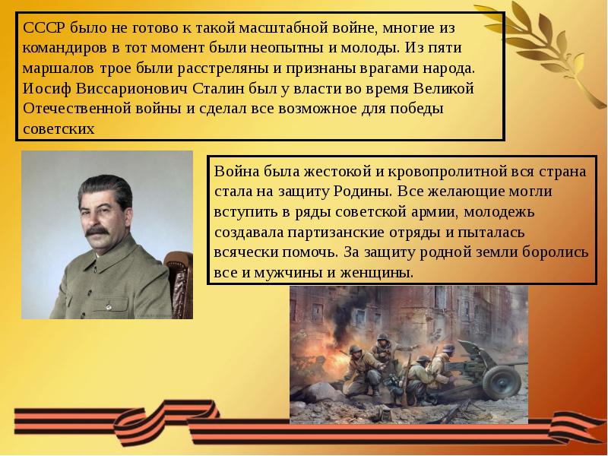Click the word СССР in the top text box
click(x=45, y=28)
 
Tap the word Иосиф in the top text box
click(x=47, y=88)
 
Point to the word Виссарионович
click(x=131, y=88)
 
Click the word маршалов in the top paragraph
click(x=59, y=68)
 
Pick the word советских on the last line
click(x=59, y=128)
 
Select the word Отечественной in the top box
click(x=77, y=109)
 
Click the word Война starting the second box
click(x=236, y=171)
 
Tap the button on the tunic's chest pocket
click(x=109, y=307)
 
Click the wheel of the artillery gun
click(x=502, y=383)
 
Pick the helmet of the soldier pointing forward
click(x=384, y=337)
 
